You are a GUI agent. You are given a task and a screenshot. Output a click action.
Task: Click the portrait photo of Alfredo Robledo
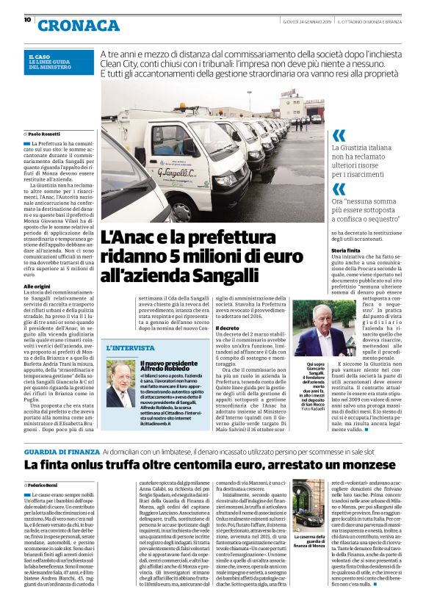coord(120,383)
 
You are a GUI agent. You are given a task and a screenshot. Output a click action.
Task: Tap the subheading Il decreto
coord(227,327)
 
